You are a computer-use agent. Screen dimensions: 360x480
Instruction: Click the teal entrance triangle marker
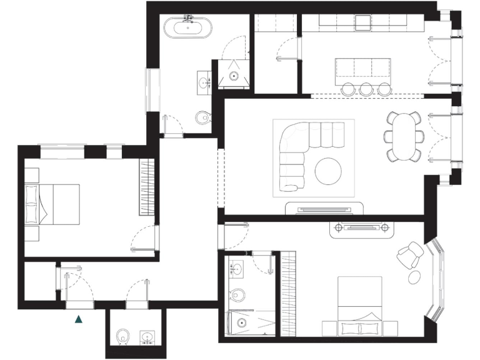pos(79,319)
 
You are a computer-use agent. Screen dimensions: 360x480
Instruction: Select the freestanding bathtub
pos(187,28)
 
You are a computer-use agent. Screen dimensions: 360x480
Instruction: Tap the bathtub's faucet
pos(187,19)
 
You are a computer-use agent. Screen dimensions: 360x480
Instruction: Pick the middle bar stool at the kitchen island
pos(365,89)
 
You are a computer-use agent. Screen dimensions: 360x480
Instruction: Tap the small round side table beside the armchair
pos(415,276)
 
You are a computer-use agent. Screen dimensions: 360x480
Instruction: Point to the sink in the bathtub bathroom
pos(204,81)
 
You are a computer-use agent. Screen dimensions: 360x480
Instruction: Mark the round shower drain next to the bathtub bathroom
pos(234,76)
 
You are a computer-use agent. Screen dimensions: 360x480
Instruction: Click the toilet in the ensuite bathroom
pos(237,294)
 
